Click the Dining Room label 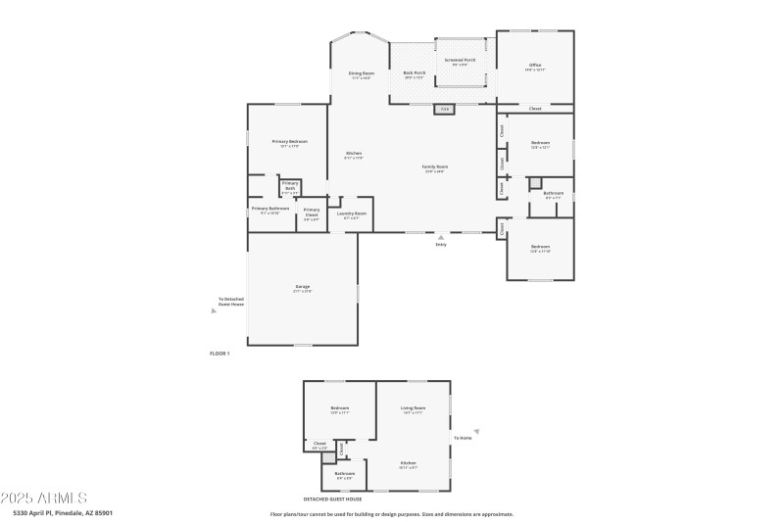point(361,73)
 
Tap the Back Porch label point(415,73)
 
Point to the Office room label point(535,67)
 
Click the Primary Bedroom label point(289,142)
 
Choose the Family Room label point(435,167)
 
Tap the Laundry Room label point(351,214)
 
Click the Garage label point(303,287)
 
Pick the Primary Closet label point(311,211)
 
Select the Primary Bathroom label point(269,209)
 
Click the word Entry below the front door point(441,244)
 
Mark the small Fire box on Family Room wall point(444,109)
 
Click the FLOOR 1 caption point(220,353)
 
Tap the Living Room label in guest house point(413,407)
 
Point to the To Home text point(463,438)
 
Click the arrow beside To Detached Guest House point(214,312)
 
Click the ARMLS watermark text point(44,498)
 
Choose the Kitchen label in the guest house point(408,462)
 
